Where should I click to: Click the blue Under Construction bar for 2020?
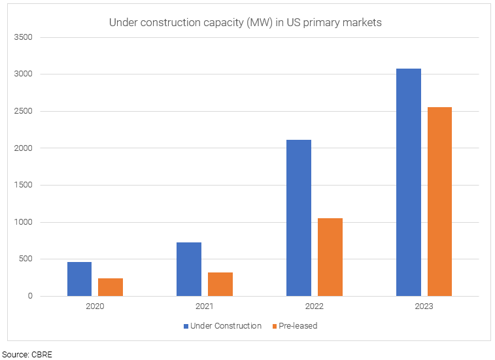(79, 279)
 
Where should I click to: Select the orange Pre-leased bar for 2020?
(111, 287)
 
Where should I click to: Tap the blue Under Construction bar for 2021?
(189, 269)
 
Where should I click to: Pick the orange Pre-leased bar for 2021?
(220, 284)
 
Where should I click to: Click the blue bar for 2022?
(299, 218)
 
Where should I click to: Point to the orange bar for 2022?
(330, 257)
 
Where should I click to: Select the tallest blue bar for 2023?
(409, 182)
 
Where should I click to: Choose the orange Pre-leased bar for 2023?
(439, 201)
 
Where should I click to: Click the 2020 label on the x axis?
(95, 306)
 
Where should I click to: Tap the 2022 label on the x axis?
(315, 306)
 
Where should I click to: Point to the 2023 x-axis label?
(424, 306)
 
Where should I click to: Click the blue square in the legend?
(186, 326)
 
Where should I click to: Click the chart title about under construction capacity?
(245, 22)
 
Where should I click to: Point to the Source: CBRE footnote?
(27, 354)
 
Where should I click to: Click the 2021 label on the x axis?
(205, 306)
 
